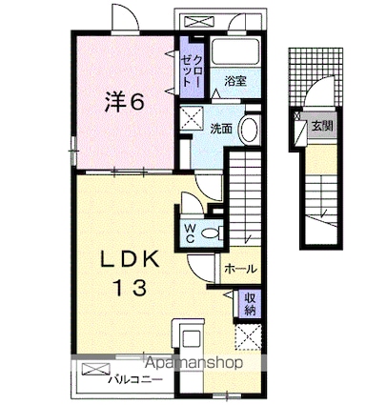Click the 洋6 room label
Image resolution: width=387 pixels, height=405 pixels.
coord(124,102)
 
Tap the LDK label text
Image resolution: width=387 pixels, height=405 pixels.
coord(130,260)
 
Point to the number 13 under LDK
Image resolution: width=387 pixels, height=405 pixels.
coord(131,289)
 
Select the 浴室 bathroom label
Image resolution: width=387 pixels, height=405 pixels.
coord(235,81)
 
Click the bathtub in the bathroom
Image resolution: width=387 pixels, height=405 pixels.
coord(235,51)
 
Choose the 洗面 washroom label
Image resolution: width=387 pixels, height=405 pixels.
coord(221,129)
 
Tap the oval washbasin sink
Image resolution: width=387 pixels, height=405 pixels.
coord(249,131)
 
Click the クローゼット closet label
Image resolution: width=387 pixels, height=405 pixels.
coord(192,71)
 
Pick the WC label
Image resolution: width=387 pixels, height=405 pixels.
coord(190,233)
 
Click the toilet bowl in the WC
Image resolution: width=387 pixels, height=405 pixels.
coord(210,233)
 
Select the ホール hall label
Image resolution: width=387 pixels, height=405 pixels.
coord(240,269)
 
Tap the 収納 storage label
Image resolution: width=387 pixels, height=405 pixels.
coord(250,303)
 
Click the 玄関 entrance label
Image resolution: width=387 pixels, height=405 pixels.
coord(322,127)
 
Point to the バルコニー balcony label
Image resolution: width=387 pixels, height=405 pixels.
coord(135,380)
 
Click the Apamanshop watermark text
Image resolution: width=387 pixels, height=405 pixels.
coord(193,363)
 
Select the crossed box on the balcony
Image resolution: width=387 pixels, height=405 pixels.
coord(95,370)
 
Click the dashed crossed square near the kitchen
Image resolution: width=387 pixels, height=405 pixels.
coord(248,336)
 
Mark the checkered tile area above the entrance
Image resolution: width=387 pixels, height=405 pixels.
coord(316,76)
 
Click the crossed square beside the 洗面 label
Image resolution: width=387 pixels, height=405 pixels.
coord(192,118)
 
